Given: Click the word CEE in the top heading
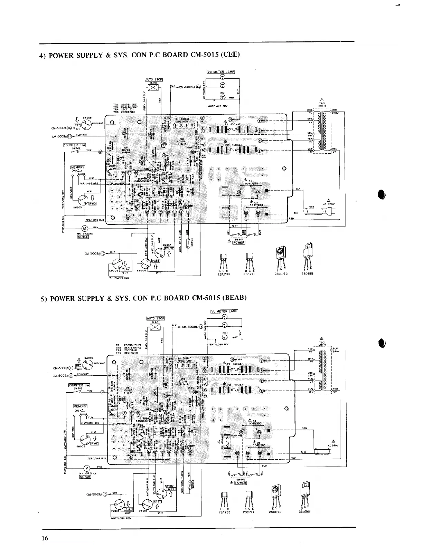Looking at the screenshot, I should (x=230, y=55).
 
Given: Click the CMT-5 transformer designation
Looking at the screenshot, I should (x=322, y=106).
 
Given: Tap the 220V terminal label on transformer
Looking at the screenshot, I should (x=336, y=113).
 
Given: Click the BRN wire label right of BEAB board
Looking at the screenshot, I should (x=304, y=428).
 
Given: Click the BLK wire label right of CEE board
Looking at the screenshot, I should (x=298, y=189).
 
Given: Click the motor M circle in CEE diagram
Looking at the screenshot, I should (x=84, y=229).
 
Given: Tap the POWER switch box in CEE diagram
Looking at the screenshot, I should (x=239, y=242).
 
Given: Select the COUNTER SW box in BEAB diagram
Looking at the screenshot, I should (x=79, y=385).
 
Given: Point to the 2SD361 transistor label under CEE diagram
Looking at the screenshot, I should (x=307, y=274).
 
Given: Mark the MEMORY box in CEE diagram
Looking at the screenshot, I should (x=78, y=167).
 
